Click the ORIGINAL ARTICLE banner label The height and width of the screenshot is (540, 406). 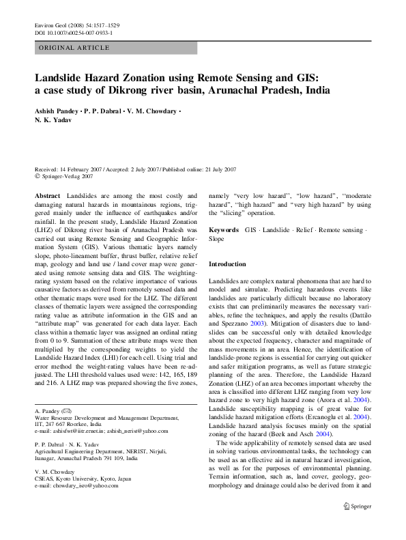[74, 48]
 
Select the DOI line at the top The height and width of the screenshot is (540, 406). [74, 32]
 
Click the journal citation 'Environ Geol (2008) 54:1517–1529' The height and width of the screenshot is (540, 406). [76, 25]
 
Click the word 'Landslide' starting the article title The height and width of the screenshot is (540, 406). [61, 78]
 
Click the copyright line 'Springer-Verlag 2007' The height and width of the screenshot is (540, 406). [74, 175]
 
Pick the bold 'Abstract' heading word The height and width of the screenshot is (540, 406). [48, 195]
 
